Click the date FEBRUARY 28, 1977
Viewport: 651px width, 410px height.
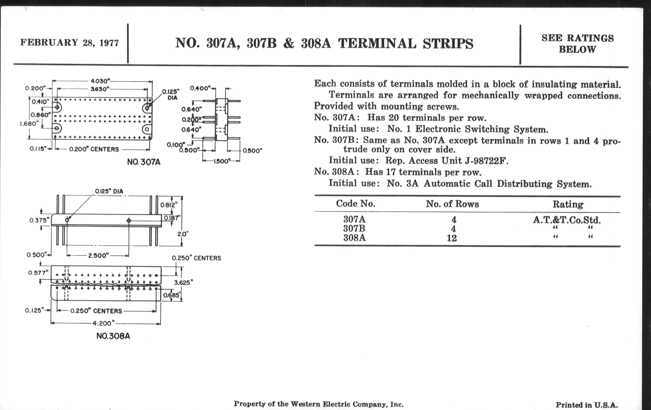70,43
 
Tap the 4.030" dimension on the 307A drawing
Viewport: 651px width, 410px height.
100,81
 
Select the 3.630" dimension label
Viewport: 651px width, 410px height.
100,89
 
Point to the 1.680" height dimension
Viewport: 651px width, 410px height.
29,124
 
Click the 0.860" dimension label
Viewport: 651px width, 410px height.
40,115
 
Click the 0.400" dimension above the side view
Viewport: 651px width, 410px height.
200,88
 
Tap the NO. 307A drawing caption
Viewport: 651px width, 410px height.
143,162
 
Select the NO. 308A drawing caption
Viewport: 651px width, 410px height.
113,336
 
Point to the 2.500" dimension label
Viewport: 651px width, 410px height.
99,255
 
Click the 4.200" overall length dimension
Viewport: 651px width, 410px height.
104,323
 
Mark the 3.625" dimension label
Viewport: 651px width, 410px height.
183,282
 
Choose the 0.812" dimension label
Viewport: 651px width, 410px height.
169,204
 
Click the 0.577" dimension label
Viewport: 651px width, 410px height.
38,273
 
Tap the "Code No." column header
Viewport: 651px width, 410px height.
355,203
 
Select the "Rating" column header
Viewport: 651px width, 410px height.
568,204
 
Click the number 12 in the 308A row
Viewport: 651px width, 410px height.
452,238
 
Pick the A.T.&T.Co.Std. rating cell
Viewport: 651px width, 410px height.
567,220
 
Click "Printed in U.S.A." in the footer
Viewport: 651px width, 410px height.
587,405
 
